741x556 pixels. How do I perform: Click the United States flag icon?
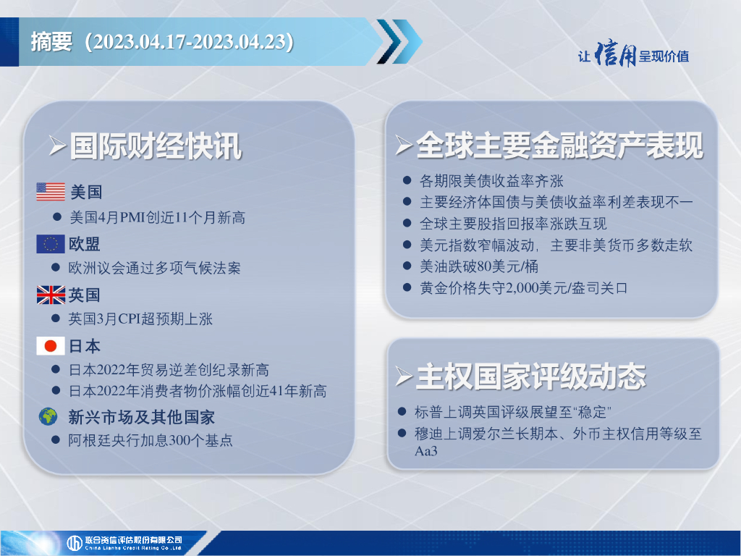pyautogui.click(x=51, y=191)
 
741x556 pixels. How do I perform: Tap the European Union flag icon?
pyautogui.click(x=51, y=244)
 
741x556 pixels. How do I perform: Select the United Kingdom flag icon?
pyautogui.click(x=51, y=295)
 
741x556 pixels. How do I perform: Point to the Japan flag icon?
pyautogui.click(x=51, y=346)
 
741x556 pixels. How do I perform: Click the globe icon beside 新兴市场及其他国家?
pyautogui.click(x=48, y=416)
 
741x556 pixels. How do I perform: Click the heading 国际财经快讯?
pyautogui.click(x=156, y=146)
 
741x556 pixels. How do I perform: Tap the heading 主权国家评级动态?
pyautogui.click(x=530, y=376)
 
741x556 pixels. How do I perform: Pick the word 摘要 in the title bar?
pyautogui.click(x=51, y=41)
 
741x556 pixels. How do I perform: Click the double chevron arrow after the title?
pyautogui.click(x=399, y=41)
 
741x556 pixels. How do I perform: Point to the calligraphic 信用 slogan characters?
pyautogui.click(x=615, y=55)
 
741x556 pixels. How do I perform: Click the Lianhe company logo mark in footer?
pyautogui.click(x=75, y=543)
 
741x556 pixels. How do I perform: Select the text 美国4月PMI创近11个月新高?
pyautogui.click(x=157, y=217)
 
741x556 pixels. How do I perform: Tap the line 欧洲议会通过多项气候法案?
pyautogui.click(x=155, y=268)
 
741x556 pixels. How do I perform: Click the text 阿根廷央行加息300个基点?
pyautogui.click(x=151, y=440)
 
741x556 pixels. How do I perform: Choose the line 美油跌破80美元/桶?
pyautogui.click(x=479, y=266)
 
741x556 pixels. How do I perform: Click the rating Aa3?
pyautogui.click(x=426, y=450)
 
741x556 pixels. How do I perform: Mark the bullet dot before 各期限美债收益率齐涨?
pyautogui.click(x=407, y=180)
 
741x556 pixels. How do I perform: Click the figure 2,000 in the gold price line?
pyautogui.click(x=521, y=288)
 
